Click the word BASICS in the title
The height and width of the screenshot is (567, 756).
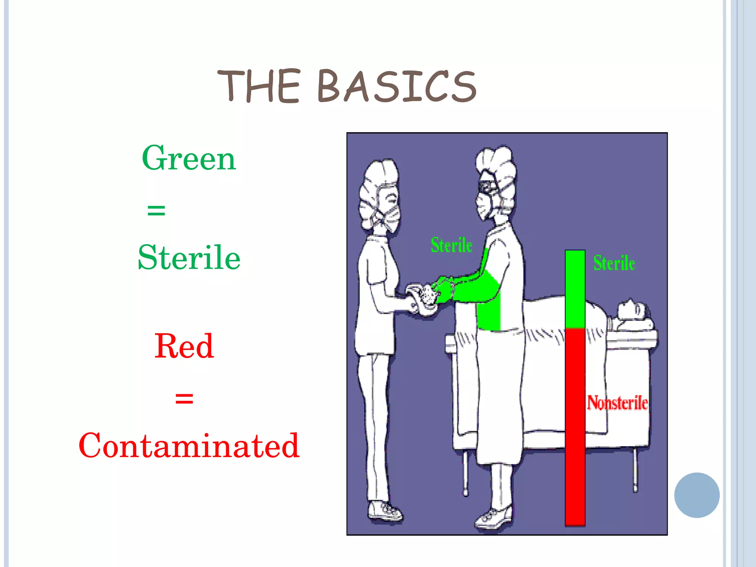click(397, 86)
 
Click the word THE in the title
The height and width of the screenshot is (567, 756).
click(258, 86)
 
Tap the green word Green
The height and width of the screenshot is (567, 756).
click(189, 159)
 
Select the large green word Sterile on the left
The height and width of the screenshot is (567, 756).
click(189, 257)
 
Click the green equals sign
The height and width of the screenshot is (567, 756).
click(156, 211)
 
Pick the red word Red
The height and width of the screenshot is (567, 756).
click(184, 346)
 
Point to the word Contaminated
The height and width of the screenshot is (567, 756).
click(189, 446)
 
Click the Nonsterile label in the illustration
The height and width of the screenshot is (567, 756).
click(617, 403)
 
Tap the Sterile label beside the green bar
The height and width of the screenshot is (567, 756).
click(614, 263)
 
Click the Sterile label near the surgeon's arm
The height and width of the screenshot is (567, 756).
click(451, 245)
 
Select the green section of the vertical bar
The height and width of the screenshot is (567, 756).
click(575, 289)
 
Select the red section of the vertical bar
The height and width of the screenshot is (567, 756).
click(575, 425)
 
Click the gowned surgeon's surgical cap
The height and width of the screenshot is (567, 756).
click(496, 166)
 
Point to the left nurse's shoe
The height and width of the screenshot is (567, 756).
click(385, 511)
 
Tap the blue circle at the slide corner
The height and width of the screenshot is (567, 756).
click(697, 495)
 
